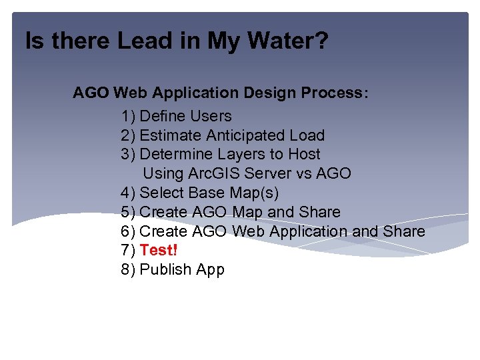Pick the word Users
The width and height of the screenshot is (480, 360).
[x=211, y=116]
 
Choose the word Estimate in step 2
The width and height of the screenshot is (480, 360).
[x=171, y=135]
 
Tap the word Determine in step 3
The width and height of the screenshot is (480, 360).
[x=174, y=154]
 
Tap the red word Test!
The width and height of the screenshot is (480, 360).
[x=159, y=250]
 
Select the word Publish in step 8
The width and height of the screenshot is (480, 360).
[x=163, y=270]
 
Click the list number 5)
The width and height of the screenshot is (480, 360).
[x=129, y=212]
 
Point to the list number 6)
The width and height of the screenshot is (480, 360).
[x=129, y=231]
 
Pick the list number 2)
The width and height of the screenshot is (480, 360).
[x=129, y=135]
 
